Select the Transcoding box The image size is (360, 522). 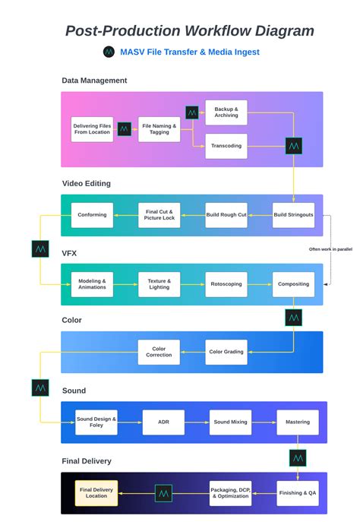(226, 146)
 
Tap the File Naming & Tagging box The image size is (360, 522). (159, 129)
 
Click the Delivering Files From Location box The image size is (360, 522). (92, 129)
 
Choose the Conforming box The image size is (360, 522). (93, 215)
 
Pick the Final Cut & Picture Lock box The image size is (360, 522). (159, 215)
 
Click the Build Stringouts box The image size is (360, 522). (293, 215)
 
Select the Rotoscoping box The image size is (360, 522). (226, 284)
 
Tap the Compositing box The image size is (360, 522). (293, 284)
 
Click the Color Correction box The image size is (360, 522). (159, 351)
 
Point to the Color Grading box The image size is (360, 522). (226, 351)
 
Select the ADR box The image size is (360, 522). (163, 422)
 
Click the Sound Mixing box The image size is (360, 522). (230, 422)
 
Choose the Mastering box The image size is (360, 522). (297, 422)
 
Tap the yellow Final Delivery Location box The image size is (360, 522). (96, 493)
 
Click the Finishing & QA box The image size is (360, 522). (297, 493)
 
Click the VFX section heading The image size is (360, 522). (70, 252)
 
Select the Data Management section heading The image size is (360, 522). (94, 81)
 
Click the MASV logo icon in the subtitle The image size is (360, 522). (109, 52)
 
